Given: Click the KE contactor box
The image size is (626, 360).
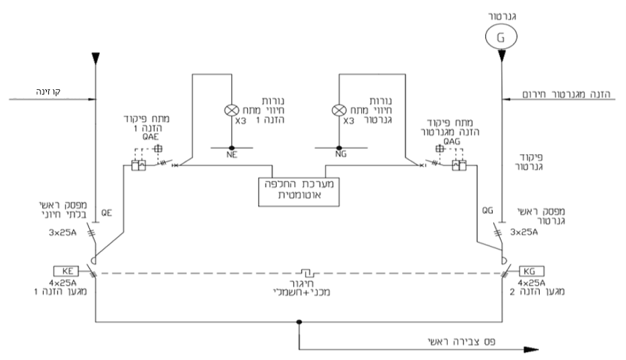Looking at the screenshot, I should [68, 271].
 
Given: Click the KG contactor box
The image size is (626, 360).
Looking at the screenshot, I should [530, 271].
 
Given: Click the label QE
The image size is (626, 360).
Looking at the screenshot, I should [106, 213].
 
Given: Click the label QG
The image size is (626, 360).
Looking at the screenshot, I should [489, 209].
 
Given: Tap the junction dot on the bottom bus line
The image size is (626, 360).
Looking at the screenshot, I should [299, 322].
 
